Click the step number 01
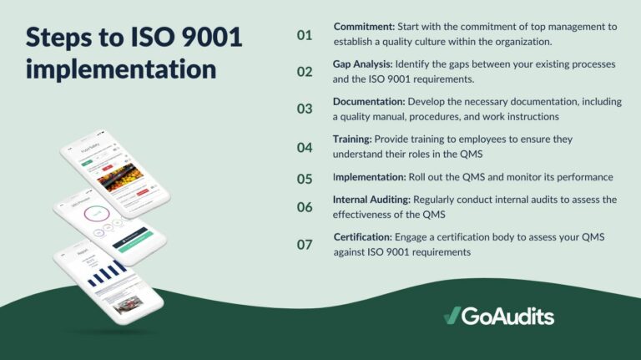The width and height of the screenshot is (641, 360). pos(304,35)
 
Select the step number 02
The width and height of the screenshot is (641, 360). pos(305,71)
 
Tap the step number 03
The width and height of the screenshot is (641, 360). pos(305,109)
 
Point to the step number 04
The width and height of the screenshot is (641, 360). pos(305,147)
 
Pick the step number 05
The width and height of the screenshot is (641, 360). pos(305,178)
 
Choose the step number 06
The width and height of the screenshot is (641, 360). pos(305,206)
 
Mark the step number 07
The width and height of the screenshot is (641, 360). pos(305,244)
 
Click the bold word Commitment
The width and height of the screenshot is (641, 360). pos(365,27)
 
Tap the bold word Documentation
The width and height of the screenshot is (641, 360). pos(369,101)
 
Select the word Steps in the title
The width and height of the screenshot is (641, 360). pos(59,38)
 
